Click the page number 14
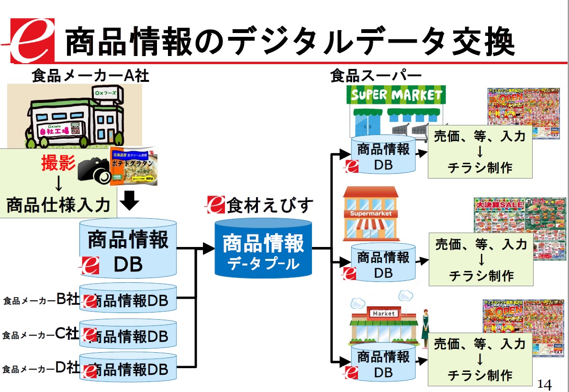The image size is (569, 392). [x=545, y=384]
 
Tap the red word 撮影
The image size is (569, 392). [x=58, y=164]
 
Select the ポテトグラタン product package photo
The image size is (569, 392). [x=134, y=166]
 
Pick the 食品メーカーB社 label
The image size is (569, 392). [x=41, y=300]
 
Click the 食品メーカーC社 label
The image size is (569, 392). [x=40, y=335]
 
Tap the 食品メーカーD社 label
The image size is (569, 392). [x=41, y=369]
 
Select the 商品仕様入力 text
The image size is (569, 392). [x=58, y=205]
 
